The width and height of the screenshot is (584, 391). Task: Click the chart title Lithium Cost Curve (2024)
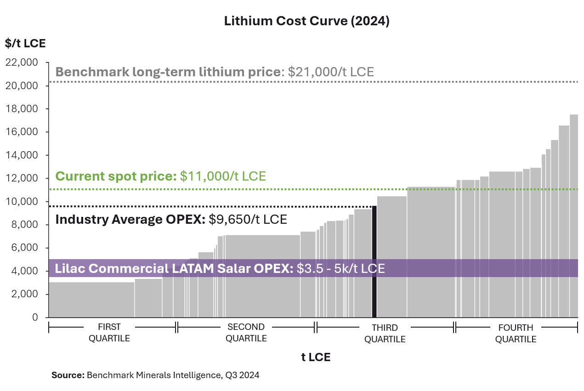tap(306, 22)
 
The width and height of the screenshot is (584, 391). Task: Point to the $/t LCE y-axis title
tap(26, 44)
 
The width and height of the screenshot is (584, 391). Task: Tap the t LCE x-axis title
tap(316, 357)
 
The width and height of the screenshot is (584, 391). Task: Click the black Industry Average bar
tap(374, 262)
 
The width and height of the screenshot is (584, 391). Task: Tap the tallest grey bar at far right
tap(573, 216)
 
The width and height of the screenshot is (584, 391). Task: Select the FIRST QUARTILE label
tap(109, 333)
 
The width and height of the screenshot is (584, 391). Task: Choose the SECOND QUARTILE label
tap(246, 333)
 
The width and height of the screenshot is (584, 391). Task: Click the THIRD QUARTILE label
tap(385, 334)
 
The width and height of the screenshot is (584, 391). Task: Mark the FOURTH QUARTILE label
tap(516, 334)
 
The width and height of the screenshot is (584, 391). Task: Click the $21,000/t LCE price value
tap(331, 72)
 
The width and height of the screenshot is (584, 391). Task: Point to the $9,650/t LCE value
tap(248, 220)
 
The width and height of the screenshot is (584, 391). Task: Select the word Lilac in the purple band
tap(68, 268)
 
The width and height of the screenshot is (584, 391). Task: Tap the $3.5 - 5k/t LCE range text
tap(340, 268)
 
